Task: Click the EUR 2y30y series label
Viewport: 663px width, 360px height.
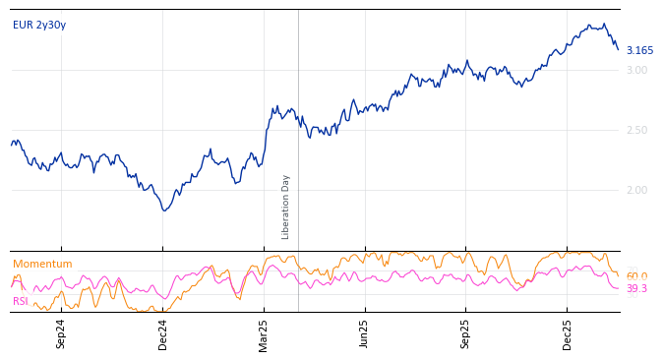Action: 39,26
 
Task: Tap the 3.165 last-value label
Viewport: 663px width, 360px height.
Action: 639,51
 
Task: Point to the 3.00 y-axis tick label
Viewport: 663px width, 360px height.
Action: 636,71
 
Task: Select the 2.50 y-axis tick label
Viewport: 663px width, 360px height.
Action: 636,131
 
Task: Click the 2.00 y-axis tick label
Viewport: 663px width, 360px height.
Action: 636,191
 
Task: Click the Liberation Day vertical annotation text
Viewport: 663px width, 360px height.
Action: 286,207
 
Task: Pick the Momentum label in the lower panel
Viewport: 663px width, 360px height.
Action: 42,265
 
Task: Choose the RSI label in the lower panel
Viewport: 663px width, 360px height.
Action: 21,302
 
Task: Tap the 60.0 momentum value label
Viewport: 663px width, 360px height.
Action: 636,277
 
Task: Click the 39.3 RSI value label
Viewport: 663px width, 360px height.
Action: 636,289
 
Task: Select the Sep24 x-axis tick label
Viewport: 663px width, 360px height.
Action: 61,333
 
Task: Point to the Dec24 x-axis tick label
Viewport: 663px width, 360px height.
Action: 163,333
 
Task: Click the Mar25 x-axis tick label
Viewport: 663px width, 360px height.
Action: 264,333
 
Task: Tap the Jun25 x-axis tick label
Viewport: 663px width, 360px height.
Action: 364,333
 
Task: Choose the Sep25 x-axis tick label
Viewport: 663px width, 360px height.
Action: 466,333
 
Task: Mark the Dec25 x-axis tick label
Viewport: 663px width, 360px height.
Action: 568,333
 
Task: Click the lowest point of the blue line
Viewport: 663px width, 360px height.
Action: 164,210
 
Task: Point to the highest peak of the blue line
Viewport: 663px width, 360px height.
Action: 604,24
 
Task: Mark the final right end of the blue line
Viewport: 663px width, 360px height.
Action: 618,50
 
